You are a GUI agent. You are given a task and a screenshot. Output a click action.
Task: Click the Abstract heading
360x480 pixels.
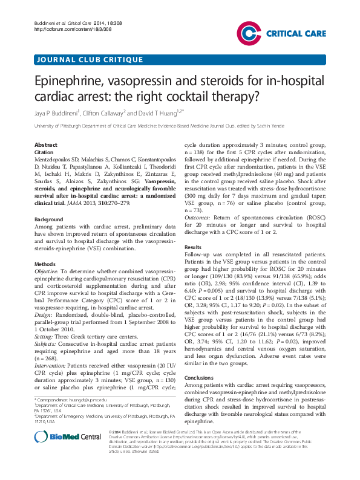pyautogui.click(x=47, y=146)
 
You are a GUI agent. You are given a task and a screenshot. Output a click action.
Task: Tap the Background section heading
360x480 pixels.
pyautogui.click(x=49, y=218)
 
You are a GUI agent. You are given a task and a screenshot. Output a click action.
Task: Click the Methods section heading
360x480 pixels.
pyautogui.click(x=45, y=264)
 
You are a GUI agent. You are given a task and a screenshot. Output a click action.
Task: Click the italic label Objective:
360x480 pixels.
pyautogui.click(x=49, y=272)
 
